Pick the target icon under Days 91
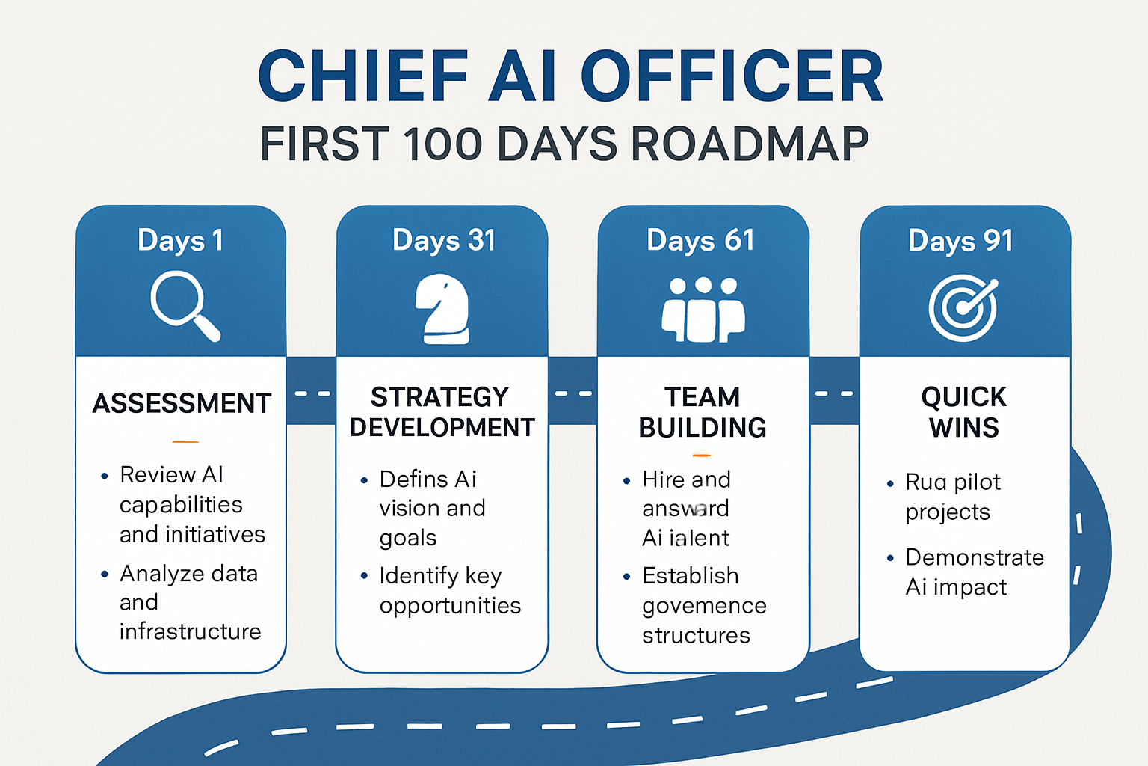(x=963, y=307)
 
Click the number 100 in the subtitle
(x=442, y=144)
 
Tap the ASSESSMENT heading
(x=182, y=403)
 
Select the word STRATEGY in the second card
(x=439, y=396)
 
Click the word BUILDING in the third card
(x=703, y=428)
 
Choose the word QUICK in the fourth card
(x=963, y=396)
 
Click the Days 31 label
(x=443, y=240)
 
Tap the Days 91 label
(x=960, y=241)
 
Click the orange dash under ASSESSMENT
(x=185, y=442)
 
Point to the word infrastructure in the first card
(x=190, y=631)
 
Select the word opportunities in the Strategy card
(x=450, y=605)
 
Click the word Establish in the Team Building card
(x=690, y=575)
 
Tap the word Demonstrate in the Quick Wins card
(x=974, y=557)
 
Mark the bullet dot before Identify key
(x=364, y=576)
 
